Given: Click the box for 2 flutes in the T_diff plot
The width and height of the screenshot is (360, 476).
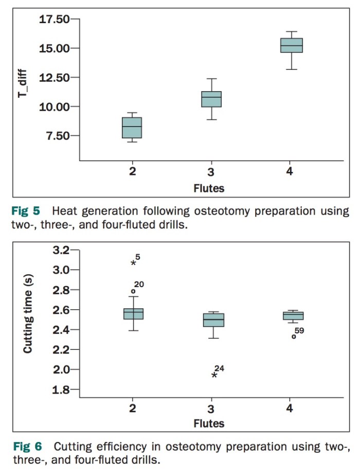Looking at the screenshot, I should [132, 128].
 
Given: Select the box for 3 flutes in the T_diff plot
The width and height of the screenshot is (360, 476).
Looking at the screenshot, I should [211, 99].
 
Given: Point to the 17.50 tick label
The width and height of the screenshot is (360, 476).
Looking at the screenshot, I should [54, 20].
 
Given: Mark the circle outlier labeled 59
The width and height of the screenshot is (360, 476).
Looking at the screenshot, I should [294, 337].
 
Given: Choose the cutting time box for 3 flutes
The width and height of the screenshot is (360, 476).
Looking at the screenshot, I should [213, 320].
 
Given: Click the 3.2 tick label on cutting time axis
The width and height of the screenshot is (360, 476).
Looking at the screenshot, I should [60, 250].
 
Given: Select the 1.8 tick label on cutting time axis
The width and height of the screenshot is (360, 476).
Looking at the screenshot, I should [60, 390].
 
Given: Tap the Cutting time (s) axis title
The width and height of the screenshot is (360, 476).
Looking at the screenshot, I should [28, 321].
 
